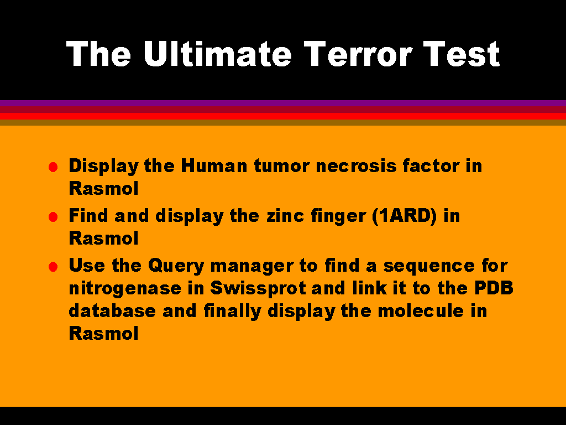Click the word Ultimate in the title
point(217,54)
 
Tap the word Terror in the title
point(358,54)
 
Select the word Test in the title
point(462,54)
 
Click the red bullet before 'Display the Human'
point(53,167)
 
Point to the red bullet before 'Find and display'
point(53,217)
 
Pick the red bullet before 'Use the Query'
point(53,267)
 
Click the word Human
point(214,166)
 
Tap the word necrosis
point(356,166)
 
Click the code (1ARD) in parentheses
point(404,216)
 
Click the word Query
point(176,266)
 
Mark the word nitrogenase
point(125,289)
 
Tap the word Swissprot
point(258,289)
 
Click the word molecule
point(421,311)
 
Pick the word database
point(112,311)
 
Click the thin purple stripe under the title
point(283,103)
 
